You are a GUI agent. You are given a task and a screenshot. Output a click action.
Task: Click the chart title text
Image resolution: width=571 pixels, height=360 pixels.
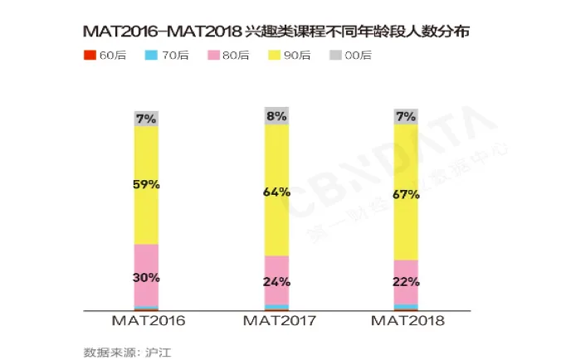[x=282, y=32]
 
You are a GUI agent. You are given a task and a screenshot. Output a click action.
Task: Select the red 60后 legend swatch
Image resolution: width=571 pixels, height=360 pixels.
[x=90, y=56]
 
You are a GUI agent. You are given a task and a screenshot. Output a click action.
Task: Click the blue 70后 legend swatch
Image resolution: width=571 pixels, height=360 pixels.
[x=150, y=56]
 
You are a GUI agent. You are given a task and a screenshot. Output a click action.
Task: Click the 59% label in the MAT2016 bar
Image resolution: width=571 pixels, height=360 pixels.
[x=147, y=184]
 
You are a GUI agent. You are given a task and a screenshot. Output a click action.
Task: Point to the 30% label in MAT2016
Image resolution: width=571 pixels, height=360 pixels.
[x=147, y=277]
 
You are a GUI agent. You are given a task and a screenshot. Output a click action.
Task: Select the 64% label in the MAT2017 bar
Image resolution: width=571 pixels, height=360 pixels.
[x=276, y=192]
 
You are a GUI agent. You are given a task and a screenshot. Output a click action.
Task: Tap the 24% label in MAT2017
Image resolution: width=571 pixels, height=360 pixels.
[x=276, y=280]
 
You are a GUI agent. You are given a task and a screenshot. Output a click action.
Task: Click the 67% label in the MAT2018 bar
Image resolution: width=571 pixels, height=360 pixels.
[x=406, y=195]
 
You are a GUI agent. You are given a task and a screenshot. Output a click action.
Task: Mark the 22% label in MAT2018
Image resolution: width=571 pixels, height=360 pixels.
[x=406, y=282]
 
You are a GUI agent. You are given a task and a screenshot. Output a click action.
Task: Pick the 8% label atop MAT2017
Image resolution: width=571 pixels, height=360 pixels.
[x=276, y=116]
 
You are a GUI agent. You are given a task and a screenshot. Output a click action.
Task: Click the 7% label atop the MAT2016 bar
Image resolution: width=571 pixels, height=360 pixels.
[x=147, y=119]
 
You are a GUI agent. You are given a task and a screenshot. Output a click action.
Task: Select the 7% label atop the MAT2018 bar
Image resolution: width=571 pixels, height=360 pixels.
[x=406, y=117]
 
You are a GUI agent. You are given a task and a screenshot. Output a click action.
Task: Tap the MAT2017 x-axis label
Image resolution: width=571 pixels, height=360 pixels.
[x=278, y=320]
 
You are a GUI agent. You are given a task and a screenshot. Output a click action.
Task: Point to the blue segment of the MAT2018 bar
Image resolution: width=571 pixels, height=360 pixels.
[x=406, y=306]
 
